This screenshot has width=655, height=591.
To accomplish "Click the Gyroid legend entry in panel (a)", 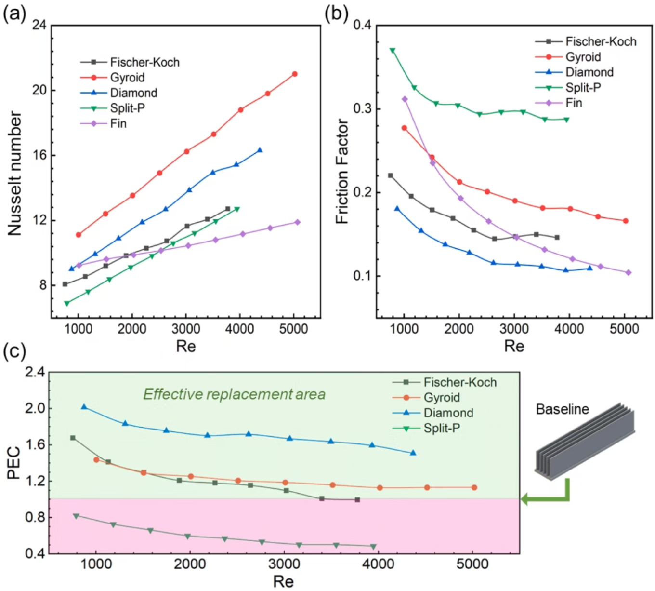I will click(127, 78).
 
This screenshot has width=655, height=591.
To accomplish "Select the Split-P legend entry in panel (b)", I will click(583, 88).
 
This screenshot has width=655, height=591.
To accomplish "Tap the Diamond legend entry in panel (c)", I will click(448, 413).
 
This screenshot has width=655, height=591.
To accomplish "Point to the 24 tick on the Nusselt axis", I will click(39, 25).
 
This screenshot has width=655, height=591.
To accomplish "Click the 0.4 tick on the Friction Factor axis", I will click(362, 25).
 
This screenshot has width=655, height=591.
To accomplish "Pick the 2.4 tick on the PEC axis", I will click(35, 372).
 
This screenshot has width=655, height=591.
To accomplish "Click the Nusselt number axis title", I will click(15, 174).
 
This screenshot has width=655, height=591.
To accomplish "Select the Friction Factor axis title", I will click(341, 171).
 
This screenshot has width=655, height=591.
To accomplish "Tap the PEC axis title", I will click(14, 463).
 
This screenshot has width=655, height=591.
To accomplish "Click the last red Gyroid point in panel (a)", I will click(295, 74).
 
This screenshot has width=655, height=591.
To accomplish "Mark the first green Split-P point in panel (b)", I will click(393, 50).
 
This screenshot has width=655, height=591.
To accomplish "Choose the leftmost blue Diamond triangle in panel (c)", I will click(84, 407).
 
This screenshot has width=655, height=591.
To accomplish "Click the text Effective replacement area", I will click(234, 394).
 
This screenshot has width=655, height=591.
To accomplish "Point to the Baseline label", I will click(562, 409).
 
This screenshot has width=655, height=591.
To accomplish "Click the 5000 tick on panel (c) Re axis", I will click(472, 564).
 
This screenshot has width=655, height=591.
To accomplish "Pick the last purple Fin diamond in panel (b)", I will click(628, 273).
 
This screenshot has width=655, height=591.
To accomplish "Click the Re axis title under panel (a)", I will click(186, 346).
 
